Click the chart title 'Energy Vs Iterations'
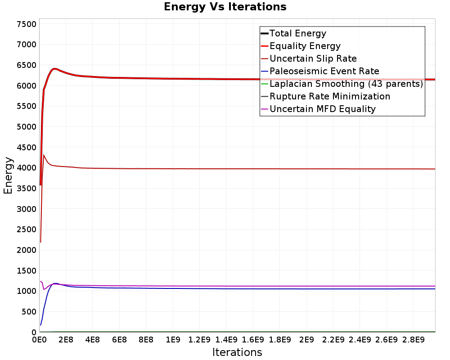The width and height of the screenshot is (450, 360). point(225,7)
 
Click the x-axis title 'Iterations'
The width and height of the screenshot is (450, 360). point(237,352)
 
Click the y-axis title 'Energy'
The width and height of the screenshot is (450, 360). point(8,175)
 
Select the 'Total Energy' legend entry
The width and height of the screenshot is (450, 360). point(293,33)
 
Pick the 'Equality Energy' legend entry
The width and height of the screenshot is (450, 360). point(301,46)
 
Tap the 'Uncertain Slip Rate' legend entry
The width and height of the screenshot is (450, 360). point(309,58)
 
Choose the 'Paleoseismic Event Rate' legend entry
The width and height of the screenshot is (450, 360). point(319,71)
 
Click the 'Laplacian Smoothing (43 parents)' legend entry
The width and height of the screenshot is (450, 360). point(342,84)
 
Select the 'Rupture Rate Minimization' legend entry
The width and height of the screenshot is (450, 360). point(325,96)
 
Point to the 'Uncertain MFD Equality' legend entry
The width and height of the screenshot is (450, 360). point(318,109)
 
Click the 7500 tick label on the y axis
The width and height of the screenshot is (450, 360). point(27,24)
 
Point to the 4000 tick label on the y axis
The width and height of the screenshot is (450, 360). point(27,168)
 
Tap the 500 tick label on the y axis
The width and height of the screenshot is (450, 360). point(29,312)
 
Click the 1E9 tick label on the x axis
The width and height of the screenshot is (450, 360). point(173,340)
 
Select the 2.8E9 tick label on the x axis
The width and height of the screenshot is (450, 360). point(413,340)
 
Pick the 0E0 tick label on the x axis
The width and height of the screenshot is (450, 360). point(39,340)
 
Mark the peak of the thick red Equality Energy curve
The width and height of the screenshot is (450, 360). point(54,69)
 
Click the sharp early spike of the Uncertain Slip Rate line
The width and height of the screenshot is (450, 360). point(43,155)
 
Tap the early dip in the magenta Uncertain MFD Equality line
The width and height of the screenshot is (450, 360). point(44,289)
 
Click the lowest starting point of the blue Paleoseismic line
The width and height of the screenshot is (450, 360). point(41,325)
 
